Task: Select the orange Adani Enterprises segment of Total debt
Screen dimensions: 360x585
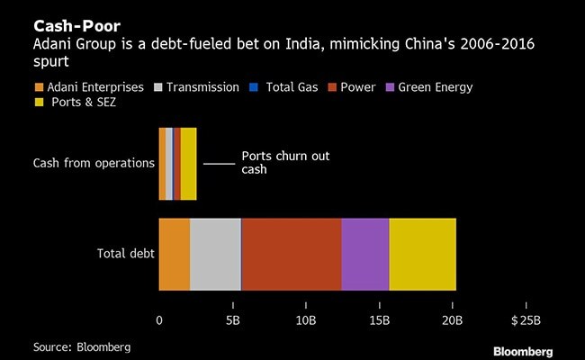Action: click(x=175, y=254)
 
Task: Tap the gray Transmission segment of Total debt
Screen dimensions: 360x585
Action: click(x=215, y=254)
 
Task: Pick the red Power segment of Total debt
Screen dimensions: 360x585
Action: click(x=292, y=254)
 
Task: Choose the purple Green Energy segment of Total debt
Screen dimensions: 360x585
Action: click(x=365, y=254)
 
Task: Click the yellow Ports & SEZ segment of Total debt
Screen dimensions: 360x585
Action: click(x=422, y=254)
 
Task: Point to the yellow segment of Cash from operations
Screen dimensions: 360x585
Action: click(x=188, y=163)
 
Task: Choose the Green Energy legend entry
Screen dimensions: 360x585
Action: click(x=428, y=87)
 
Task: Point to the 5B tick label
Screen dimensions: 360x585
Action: click(x=232, y=320)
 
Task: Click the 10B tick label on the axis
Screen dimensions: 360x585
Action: click(x=306, y=320)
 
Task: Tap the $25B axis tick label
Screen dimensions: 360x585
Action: click(x=526, y=320)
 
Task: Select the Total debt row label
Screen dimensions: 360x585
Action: click(x=125, y=254)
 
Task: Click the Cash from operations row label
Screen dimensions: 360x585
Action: click(x=94, y=163)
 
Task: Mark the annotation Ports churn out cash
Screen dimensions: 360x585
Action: click(x=285, y=162)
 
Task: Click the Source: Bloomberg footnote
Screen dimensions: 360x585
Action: click(x=82, y=346)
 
